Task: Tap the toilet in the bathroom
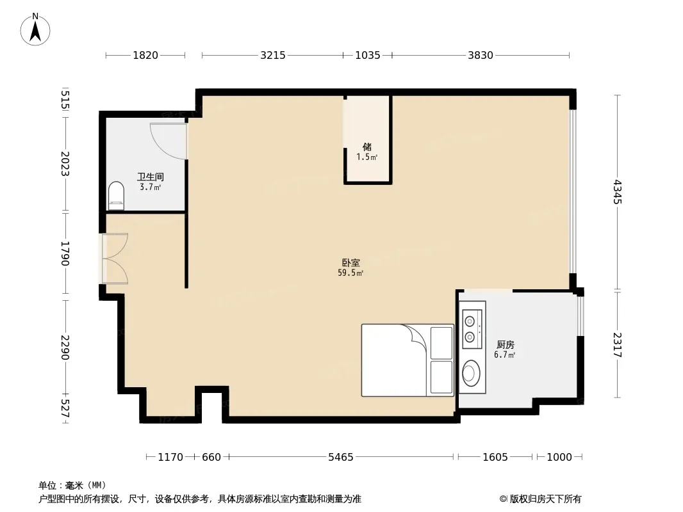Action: pyautogui.click(x=116, y=196)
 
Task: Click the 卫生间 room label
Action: pyautogui.click(x=151, y=177)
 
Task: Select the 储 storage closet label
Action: pyautogui.click(x=367, y=147)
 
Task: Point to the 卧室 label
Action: pyautogui.click(x=350, y=263)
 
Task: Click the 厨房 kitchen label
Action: pyautogui.click(x=506, y=345)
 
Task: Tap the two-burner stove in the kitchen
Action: pyautogui.click(x=472, y=329)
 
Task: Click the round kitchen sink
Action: pyautogui.click(x=471, y=373)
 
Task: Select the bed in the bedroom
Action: pyautogui.click(x=407, y=360)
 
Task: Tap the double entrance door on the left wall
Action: pyautogui.click(x=115, y=259)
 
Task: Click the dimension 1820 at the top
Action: pyautogui.click(x=145, y=55)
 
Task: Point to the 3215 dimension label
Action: pyautogui.click(x=273, y=55)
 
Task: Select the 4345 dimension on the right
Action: pyautogui.click(x=617, y=192)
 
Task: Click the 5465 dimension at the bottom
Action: pyautogui.click(x=341, y=457)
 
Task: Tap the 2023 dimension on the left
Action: pyautogui.click(x=65, y=164)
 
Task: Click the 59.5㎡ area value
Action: pyautogui.click(x=350, y=273)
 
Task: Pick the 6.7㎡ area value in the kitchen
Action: pyautogui.click(x=504, y=355)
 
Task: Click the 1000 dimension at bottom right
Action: pyautogui.click(x=559, y=457)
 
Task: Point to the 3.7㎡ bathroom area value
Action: pyautogui.click(x=151, y=187)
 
